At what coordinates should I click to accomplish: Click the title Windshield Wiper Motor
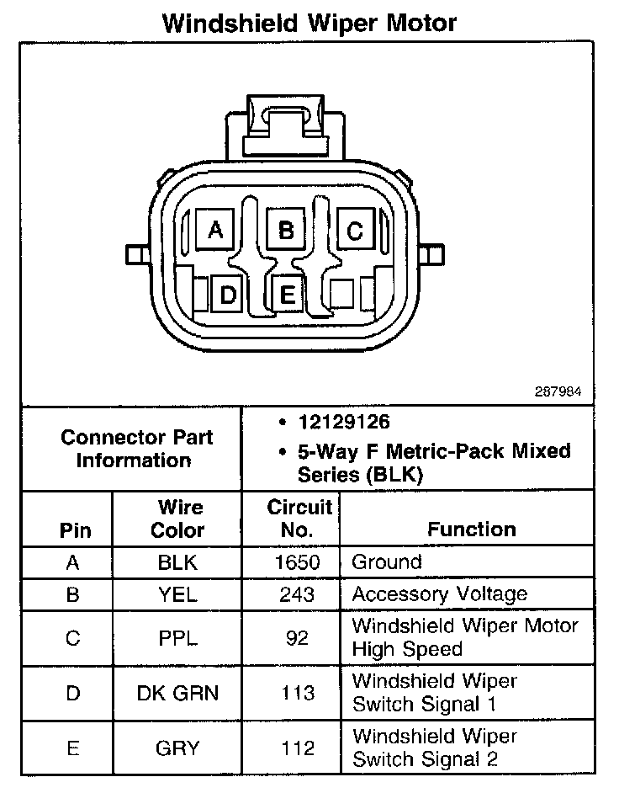(x=309, y=23)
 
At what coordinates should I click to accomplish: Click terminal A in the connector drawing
(x=215, y=229)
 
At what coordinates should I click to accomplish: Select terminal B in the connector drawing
(x=286, y=229)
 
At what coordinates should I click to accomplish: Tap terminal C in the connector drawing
(x=355, y=229)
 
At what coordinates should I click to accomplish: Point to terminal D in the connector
(x=228, y=295)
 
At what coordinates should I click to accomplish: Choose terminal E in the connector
(x=287, y=295)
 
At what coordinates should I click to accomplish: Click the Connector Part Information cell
(x=136, y=449)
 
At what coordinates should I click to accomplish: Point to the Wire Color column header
(x=177, y=519)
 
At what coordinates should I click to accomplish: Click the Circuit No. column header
(x=299, y=519)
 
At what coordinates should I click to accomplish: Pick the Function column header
(x=471, y=529)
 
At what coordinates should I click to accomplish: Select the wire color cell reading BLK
(x=177, y=562)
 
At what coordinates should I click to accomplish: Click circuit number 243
(x=297, y=594)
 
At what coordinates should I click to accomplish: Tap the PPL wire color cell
(x=177, y=638)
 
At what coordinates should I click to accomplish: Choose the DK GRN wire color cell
(x=177, y=693)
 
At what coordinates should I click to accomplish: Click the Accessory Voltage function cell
(x=439, y=594)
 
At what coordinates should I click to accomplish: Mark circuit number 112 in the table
(x=297, y=748)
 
